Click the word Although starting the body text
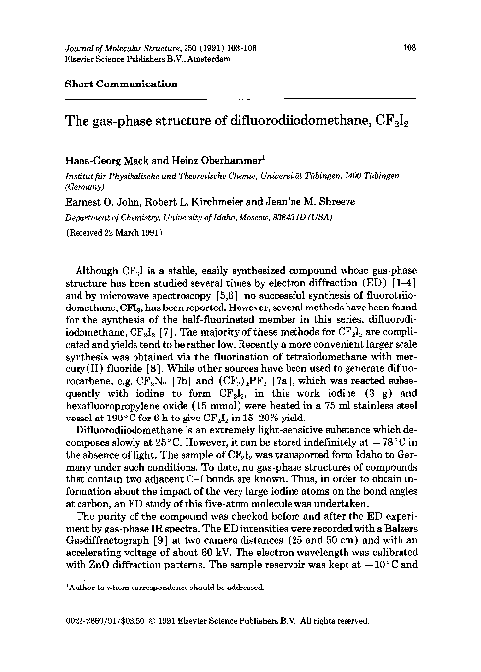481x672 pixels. click(x=97, y=267)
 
